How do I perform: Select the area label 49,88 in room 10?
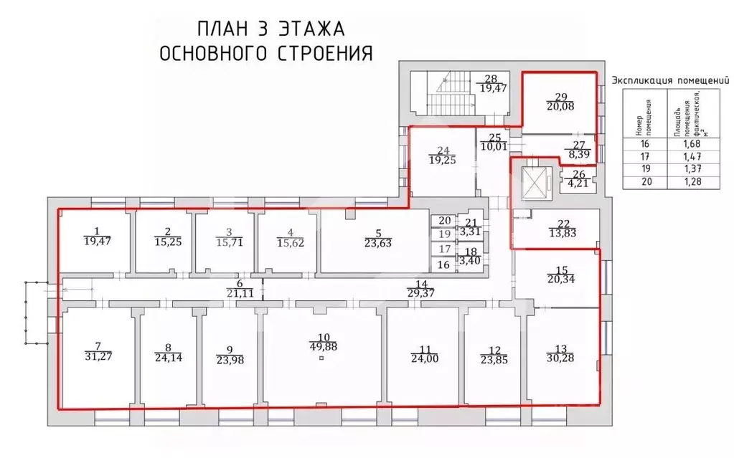(322, 347)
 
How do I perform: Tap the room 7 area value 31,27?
(95, 356)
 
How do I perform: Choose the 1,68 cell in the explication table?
(688, 143)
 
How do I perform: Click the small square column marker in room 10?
(322, 358)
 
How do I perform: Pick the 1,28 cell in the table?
(688, 181)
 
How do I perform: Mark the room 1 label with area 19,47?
(95, 237)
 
